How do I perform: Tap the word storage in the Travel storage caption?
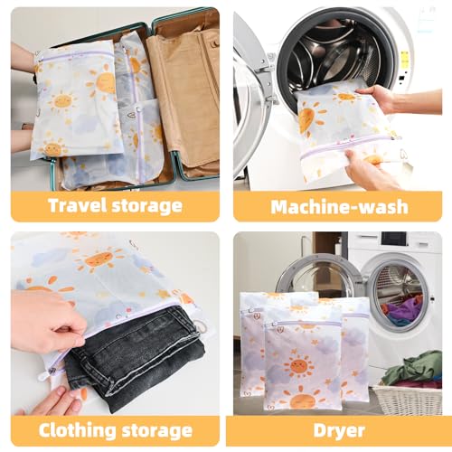146,205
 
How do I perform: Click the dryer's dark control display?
394,239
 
